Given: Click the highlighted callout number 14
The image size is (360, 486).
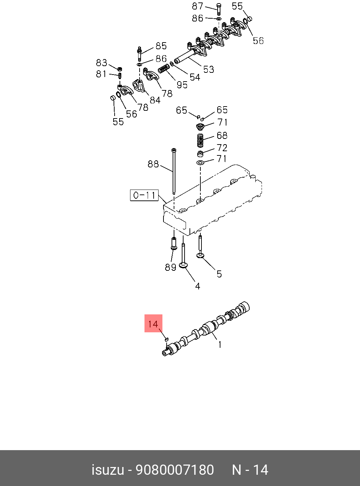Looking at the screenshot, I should [x=153, y=324].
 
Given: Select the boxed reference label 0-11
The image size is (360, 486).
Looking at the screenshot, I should [x=144, y=195].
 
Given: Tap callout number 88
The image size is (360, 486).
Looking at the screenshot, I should [x=153, y=164].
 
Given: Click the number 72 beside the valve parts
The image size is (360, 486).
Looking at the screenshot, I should [x=222, y=148].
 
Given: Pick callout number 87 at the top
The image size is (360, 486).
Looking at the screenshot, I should [x=198, y=6].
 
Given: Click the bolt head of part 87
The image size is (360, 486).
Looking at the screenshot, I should [x=218, y=6].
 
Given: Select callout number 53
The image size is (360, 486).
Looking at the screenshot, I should [x=208, y=70].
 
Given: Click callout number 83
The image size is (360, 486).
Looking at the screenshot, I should [x=101, y=63].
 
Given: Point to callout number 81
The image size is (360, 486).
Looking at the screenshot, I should [x=101, y=74].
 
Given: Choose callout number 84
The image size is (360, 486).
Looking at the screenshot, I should [x=155, y=100].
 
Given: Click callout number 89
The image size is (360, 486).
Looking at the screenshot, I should [x=171, y=267].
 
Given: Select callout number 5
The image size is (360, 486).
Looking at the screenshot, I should [x=219, y=274].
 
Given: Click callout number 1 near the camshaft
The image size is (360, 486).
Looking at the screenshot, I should [x=220, y=345].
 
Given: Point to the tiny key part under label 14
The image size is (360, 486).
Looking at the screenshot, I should [x=167, y=339].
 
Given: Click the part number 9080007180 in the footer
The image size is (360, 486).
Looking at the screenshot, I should [x=175, y=470].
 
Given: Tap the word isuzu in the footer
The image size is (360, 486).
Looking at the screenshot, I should [x=108, y=470].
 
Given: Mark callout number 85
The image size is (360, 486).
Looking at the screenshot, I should [x=161, y=46].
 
